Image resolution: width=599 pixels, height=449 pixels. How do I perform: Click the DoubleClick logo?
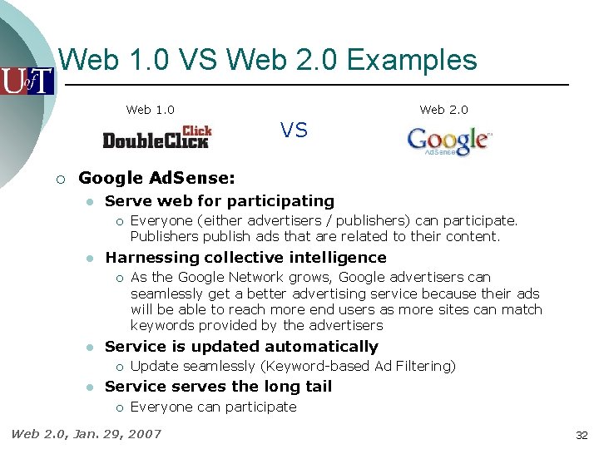pos(157,137)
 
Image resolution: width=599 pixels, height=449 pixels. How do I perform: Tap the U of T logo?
pos(27,81)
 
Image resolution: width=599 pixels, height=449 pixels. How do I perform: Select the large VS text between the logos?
pos(294,130)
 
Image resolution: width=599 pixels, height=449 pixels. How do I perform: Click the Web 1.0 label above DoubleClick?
pos(150,110)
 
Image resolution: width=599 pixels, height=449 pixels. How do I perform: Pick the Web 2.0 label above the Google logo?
pos(443,110)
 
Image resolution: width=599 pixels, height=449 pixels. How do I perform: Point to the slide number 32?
pos(582,435)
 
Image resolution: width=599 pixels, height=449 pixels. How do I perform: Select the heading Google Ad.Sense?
pos(156,178)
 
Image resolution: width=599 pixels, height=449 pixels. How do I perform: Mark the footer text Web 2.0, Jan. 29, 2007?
pos(86,433)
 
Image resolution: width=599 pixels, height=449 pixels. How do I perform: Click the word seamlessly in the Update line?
pos(217,367)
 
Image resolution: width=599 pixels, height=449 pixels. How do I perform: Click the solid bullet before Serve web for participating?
pos(88,201)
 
